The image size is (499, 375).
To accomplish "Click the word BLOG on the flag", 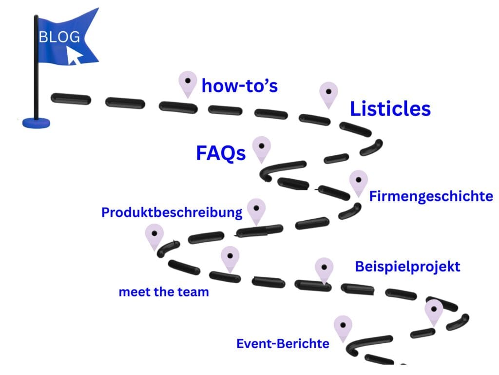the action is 59,37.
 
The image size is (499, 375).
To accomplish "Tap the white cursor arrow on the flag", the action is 74,56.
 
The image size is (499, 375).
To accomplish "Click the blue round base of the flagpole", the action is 36,123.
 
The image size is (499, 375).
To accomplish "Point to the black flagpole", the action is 36,67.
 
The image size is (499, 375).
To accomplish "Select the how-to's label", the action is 240,85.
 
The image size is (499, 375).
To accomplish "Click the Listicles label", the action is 390,109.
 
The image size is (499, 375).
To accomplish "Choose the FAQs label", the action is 221,153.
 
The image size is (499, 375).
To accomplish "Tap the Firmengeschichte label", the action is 431,196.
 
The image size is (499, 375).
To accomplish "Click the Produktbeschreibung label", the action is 172,212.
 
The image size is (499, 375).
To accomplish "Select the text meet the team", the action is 164,292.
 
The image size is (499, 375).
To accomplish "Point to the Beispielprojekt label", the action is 408,267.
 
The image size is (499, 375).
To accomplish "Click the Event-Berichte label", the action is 283,344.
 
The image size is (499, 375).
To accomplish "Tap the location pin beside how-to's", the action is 188,84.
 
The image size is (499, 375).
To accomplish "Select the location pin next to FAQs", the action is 262,149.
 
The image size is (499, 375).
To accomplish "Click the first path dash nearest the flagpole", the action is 71,99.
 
